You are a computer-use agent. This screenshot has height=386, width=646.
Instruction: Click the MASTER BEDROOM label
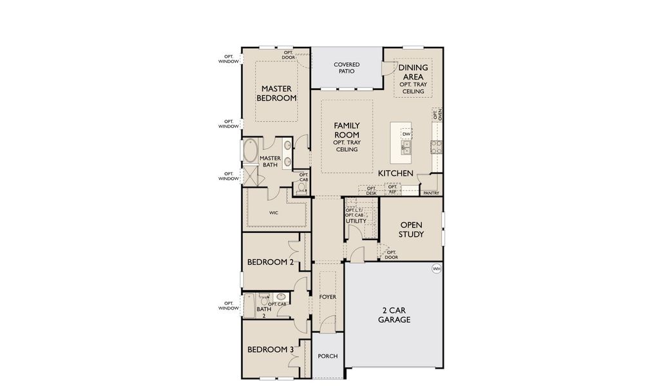pos(276,93)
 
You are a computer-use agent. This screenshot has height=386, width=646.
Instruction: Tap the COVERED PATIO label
pos(347,68)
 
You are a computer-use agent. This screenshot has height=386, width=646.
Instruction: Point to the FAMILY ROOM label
pos(347,130)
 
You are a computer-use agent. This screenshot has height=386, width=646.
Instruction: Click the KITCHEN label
pos(395,174)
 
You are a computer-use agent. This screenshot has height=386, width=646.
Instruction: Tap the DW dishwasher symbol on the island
pos(406,134)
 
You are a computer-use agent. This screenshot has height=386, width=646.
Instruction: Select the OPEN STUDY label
pos(412,230)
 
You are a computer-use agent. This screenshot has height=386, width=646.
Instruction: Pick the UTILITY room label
pos(356,221)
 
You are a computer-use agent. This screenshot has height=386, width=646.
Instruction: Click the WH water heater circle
pos(436,269)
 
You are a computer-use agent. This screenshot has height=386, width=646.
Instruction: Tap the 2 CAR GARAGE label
pos(394,315)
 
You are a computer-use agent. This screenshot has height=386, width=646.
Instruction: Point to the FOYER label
pos(328,297)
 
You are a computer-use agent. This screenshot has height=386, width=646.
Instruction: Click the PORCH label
pos(328,356)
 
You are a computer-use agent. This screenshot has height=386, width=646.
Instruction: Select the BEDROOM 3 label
pos(271,349)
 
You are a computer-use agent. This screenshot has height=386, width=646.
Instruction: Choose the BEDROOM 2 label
pos(271,262)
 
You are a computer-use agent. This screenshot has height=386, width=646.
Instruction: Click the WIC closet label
pos(273,211)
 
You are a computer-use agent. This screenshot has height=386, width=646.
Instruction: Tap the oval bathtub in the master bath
pos(249,152)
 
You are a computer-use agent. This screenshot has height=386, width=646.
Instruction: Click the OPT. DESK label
pos(371,191)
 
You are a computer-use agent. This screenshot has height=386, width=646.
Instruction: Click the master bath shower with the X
pos(249,176)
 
